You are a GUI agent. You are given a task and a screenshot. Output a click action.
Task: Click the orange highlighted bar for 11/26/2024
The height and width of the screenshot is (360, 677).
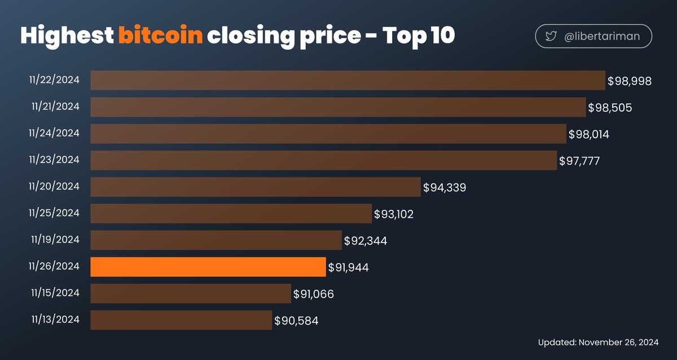click(x=208, y=267)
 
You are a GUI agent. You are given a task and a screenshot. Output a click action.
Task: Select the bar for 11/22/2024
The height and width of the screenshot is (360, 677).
click(x=348, y=81)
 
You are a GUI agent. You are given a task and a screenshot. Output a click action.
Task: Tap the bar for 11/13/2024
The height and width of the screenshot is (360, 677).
click(x=181, y=321)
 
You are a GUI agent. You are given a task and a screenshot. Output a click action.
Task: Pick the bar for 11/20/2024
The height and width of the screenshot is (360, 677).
click(x=256, y=187)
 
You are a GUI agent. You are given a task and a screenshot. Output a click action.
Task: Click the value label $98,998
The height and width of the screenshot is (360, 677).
click(x=630, y=81)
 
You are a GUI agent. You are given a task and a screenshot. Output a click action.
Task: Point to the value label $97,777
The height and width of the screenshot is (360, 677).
click(x=579, y=161)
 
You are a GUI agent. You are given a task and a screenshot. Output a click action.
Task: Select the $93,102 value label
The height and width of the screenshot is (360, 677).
click(x=394, y=214)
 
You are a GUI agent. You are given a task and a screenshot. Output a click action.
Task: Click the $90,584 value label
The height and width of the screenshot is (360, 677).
click(x=296, y=321)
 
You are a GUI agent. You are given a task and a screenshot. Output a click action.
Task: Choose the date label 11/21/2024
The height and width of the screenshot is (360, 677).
click(x=55, y=106)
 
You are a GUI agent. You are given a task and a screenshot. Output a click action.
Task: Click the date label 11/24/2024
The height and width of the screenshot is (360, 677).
click(x=55, y=133)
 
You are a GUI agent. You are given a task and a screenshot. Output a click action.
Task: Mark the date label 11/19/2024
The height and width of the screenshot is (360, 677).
click(x=55, y=239)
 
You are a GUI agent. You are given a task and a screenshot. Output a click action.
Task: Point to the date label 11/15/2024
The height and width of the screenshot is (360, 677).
click(x=55, y=292)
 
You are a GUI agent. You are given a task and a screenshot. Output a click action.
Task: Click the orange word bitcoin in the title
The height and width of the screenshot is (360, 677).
click(x=160, y=37)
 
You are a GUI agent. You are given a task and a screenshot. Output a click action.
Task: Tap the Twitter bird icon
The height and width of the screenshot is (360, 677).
click(x=551, y=37)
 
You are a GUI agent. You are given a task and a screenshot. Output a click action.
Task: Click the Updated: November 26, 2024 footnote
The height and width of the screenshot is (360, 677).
click(x=598, y=343)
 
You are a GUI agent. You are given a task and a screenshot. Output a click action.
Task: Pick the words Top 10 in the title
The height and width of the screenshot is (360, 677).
click(x=419, y=36)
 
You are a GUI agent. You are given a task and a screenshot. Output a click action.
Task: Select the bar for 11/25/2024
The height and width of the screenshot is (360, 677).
click(x=231, y=213)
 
